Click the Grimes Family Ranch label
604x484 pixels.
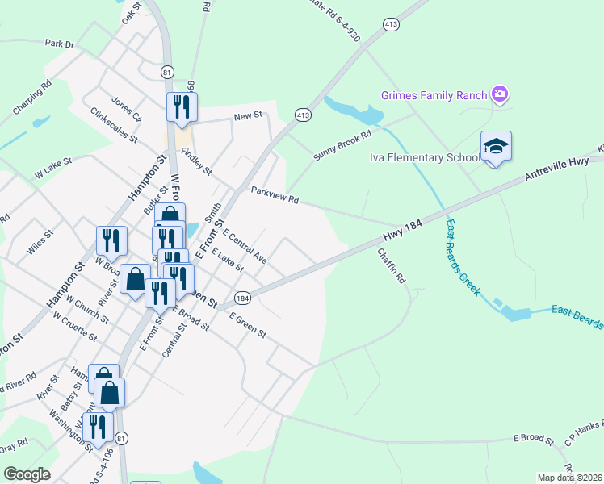point(434,95)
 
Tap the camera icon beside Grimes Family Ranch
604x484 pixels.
point(501,95)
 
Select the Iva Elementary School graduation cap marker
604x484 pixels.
point(496,147)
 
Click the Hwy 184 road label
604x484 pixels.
point(402,231)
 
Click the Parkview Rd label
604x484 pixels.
point(275,195)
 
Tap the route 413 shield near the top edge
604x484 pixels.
point(392,25)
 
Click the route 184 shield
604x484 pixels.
point(243,298)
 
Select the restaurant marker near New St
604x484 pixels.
point(182,107)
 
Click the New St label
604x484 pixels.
point(248,116)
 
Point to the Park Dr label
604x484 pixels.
point(60,44)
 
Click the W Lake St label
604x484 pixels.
point(52,167)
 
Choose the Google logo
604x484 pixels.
point(27,474)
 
